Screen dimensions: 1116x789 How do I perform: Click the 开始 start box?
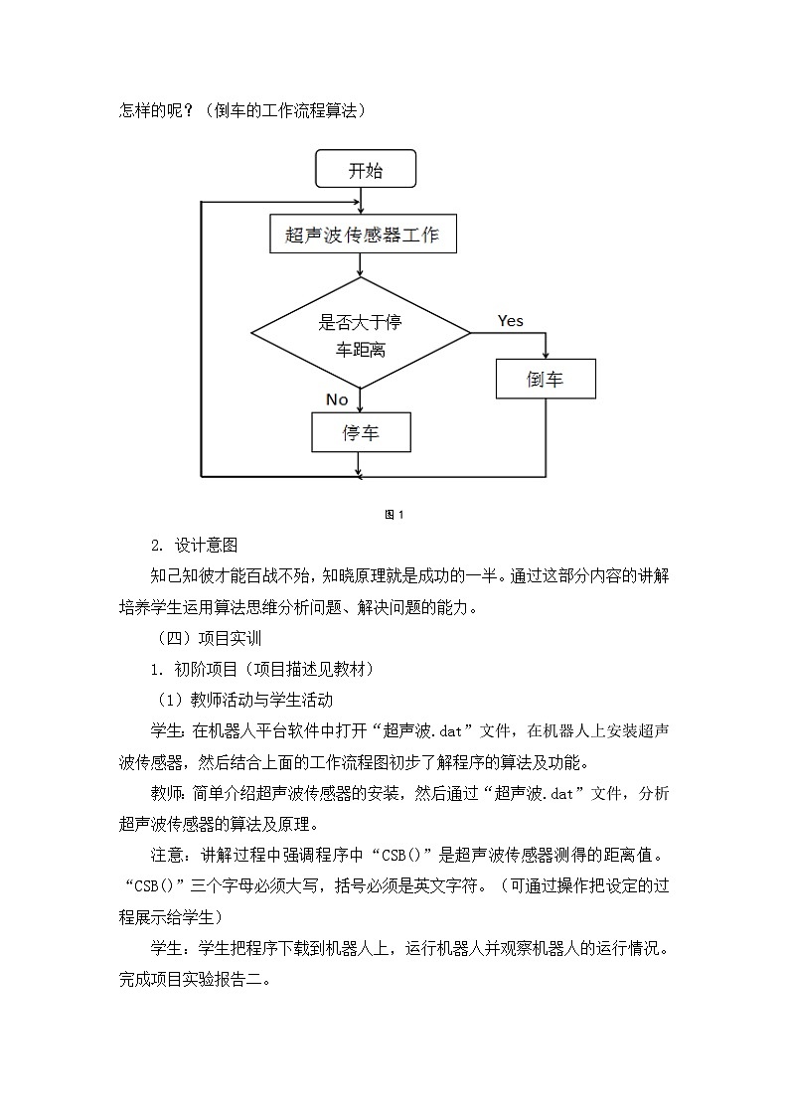pyautogui.click(x=365, y=170)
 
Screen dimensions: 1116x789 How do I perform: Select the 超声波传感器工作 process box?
pyautogui.click(x=363, y=236)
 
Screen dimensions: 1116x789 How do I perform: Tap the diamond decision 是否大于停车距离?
pyautogui.click(x=360, y=335)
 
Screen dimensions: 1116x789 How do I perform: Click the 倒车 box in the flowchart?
pyautogui.click(x=546, y=379)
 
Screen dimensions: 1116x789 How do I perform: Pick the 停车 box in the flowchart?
pyautogui.click(x=361, y=432)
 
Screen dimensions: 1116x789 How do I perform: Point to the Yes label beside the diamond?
pyautogui.click(x=510, y=321)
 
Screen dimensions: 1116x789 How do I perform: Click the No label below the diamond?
pyautogui.click(x=337, y=399)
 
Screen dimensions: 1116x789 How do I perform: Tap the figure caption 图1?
pyautogui.click(x=394, y=514)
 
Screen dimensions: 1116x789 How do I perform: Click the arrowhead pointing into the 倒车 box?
pyautogui.click(x=546, y=354)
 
